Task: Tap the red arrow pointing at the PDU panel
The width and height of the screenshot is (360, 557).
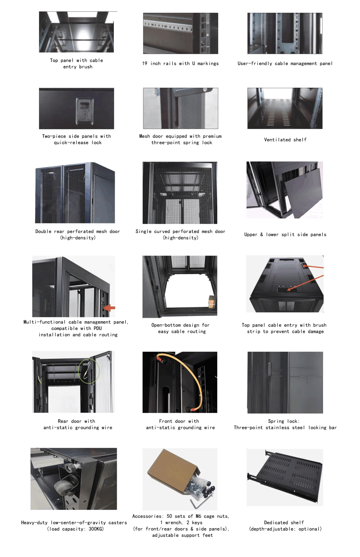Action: tap(109, 308)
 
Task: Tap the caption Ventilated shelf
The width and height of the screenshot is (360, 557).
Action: tap(285, 139)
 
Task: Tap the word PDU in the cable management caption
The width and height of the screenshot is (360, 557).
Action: tap(97, 328)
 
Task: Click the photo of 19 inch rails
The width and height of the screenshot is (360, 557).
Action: tap(180, 33)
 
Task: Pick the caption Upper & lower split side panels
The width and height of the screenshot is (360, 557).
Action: tap(285, 235)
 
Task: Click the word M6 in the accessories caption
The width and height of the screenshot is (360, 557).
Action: tap(198, 516)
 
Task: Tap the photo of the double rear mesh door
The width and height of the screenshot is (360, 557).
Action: tap(75, 192)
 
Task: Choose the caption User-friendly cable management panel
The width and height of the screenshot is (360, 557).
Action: tap(285, 63)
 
